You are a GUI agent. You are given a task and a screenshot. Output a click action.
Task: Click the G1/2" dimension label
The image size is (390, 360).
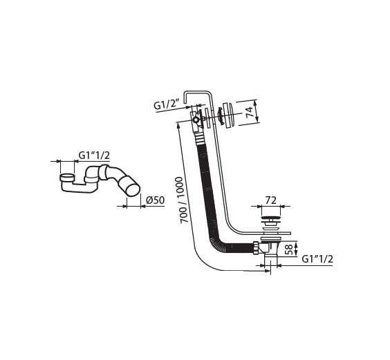click(x=167, y=105)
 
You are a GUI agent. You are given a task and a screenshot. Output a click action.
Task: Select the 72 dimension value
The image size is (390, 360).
click(x=271, y=200)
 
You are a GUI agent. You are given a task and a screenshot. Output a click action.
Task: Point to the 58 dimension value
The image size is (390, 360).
click(x=289, y=249)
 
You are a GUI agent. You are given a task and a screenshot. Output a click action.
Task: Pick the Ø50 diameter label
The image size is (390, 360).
click(x=155, y=200)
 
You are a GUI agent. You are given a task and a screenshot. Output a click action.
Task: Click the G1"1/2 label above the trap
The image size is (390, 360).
click(x=94, y=155)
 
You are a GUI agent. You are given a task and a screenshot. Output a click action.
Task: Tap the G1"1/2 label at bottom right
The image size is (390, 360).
click(x=317, y=259)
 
